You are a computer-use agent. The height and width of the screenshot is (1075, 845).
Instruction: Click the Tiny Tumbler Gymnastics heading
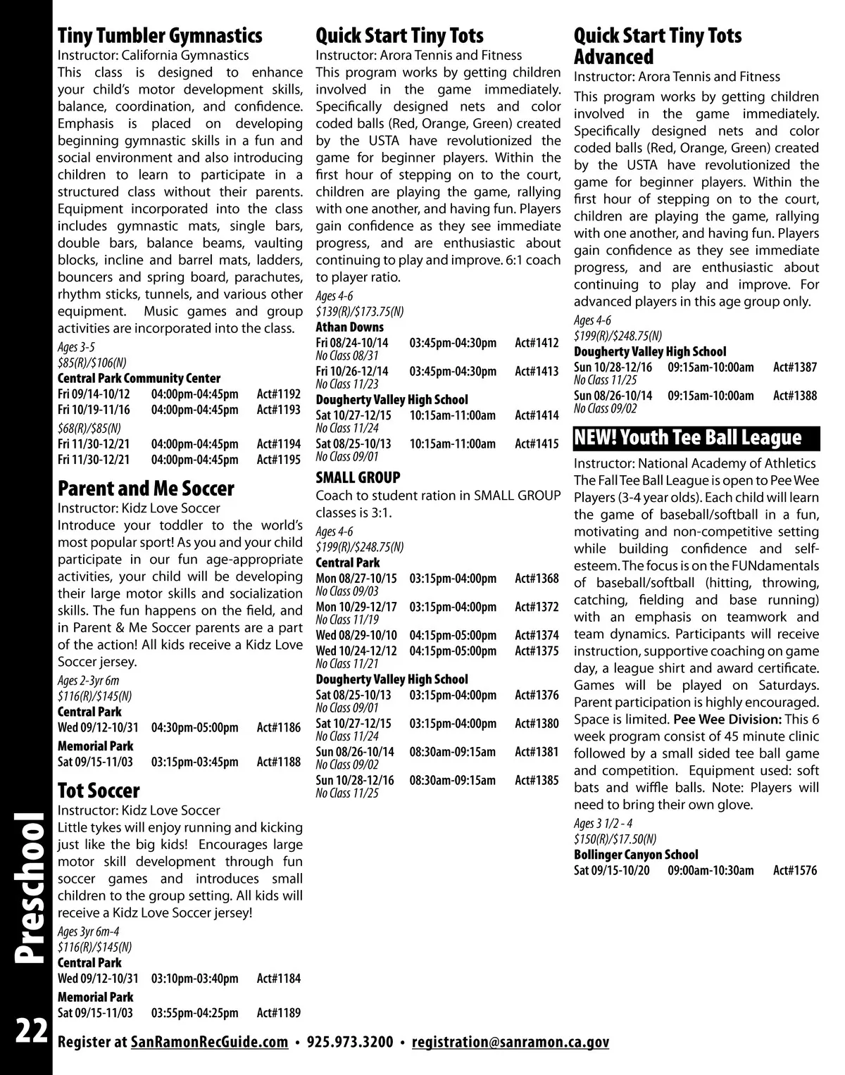point(160,35)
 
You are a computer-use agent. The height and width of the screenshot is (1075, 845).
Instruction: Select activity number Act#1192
point(278,394)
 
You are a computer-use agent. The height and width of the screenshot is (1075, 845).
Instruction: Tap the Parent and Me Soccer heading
point(146,488)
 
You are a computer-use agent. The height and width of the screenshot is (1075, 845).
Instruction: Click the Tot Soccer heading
point(99,790)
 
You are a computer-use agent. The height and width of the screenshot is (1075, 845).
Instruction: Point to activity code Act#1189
point(278,1013)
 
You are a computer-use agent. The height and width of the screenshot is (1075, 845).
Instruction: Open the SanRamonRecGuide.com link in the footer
point(210,1042)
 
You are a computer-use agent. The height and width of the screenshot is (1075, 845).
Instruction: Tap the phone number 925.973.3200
point(350,1042)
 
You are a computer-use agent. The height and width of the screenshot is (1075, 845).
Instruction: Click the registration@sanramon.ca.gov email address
point(510,1042)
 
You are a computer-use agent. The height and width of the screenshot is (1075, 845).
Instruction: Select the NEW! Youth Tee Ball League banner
point(697,437)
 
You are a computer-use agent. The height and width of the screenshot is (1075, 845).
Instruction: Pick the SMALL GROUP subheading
point(358,477)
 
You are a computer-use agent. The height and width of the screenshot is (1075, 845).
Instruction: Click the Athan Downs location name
point(350,327)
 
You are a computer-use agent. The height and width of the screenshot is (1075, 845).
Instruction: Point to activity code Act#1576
point(795,871)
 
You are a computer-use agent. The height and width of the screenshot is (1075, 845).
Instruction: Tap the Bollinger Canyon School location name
point(636,855)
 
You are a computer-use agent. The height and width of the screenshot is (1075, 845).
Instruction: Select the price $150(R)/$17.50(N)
point(615,838)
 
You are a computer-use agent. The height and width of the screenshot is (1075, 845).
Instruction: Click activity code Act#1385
point(537,780)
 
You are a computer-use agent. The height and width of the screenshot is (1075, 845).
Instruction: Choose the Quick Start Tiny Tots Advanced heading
point(658,46)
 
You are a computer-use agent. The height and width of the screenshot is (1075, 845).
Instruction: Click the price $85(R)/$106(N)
point(92,363)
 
